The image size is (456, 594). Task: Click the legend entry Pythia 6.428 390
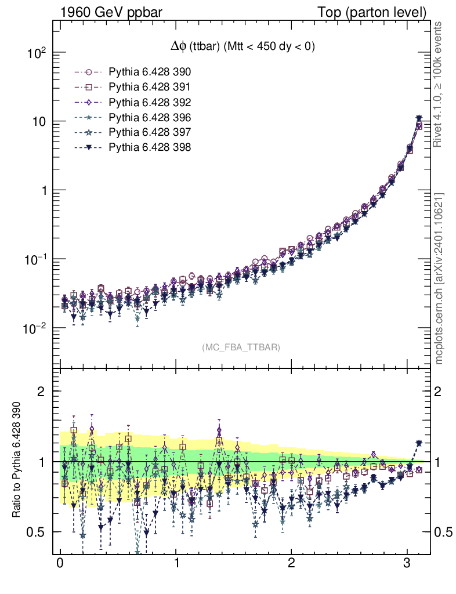(x=150, y=73)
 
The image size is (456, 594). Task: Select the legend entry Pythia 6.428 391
(x=150, y=88)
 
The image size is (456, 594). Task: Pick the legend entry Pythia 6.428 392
(x=150, y=103)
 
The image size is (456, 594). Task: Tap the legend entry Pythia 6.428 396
(x=150, y=118)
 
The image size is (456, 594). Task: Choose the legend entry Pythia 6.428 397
(x=150, y=133)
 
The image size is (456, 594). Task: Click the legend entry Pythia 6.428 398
(x=150, y=148)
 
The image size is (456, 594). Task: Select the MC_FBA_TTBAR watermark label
(x=241, y=347)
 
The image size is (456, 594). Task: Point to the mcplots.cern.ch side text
(x=439, y=278)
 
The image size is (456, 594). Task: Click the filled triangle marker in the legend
(x=89, y=148)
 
